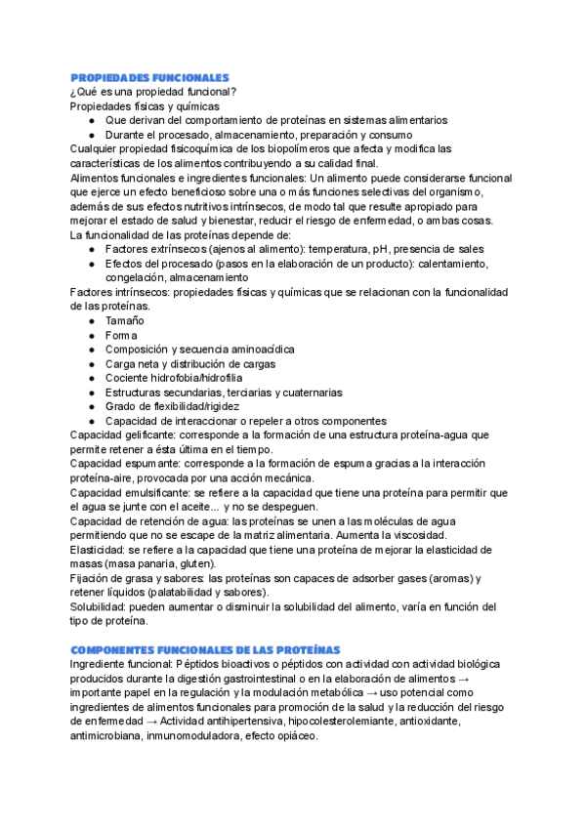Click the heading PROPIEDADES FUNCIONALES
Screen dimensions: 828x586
pos(149,77)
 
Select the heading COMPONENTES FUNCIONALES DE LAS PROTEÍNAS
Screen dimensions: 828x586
pos(205,649)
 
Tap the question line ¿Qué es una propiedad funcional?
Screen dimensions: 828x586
pos(151,92)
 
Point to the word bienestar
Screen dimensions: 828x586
pos(278,221)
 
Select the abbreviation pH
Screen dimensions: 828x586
pos(388,249)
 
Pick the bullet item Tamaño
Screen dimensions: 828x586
pos(124,320)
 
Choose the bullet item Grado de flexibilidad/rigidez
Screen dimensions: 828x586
pos(172,405)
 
